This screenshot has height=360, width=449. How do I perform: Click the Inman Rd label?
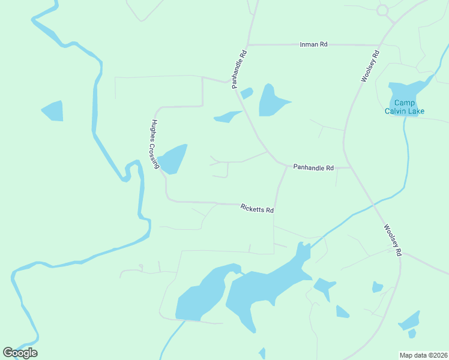click(313, 44)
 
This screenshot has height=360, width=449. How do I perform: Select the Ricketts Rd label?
click(257, 208)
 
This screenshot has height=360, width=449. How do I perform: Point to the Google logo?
click(20, 353)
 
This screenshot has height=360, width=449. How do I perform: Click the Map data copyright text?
click(423, 355)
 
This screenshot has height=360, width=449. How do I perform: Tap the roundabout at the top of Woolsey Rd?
click(382, 10)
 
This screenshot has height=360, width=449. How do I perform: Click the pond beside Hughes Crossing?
click(172, 159)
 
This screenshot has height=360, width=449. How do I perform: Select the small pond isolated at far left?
click(53, 111)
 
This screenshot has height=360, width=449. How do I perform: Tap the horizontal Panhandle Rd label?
click(313, 168)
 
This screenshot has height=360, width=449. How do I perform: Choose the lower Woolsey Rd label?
click(392, 240)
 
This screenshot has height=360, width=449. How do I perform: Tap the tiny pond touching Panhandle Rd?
click(246, 93)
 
